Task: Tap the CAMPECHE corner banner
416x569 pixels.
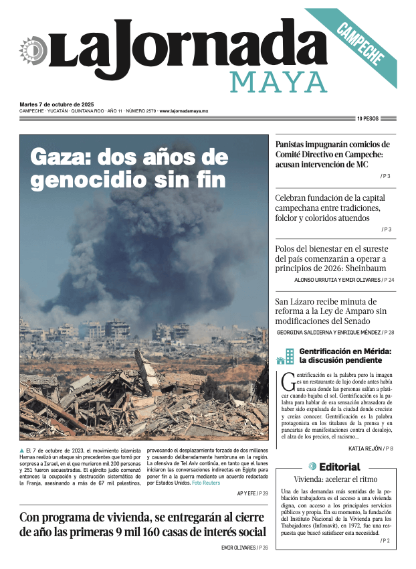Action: (x=361, y=44)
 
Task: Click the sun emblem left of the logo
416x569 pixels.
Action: (x=31, y=51)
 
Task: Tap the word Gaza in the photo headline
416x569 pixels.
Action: (x=61, y=158)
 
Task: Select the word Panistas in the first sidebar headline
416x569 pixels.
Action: (x=296, y=144)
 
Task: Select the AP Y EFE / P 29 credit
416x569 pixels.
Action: (x=252, y=493)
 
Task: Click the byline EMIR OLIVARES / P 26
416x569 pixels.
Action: (x=244, y=548)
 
